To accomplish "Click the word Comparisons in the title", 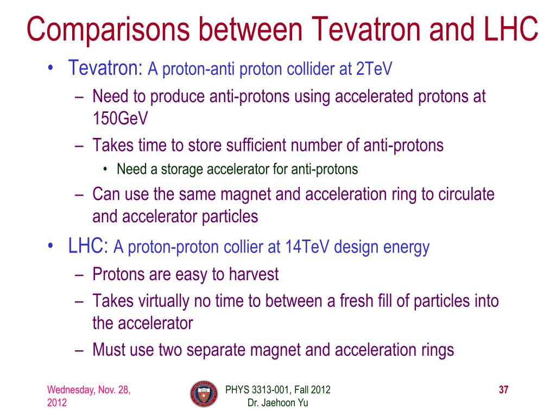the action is [108, 30].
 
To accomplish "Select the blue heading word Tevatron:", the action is [105, 67].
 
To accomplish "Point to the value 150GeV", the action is [120, 118].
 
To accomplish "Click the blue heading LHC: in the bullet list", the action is [88, 245].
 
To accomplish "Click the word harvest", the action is [254, 274].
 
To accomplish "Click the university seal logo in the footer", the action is [204, 394].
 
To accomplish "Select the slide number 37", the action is [503, 390].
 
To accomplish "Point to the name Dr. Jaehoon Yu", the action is [277, 403].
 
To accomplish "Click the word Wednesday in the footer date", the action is [71, 390].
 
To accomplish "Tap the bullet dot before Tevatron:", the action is [50, 67].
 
